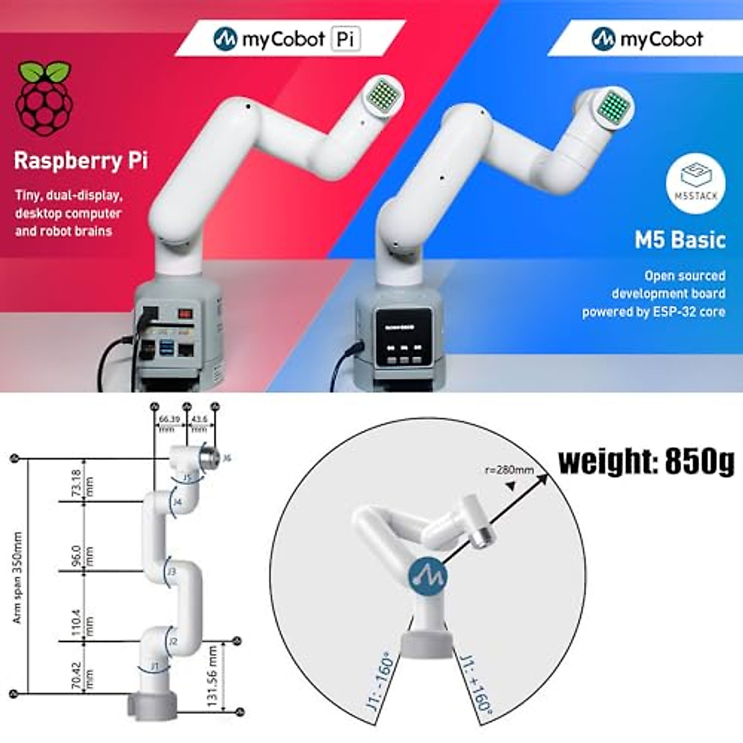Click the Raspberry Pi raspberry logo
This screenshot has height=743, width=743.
point(43,98)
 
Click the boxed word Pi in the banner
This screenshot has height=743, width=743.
point(345,39)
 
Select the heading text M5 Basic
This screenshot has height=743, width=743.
point(680,240)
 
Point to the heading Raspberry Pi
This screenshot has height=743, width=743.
point(81,161)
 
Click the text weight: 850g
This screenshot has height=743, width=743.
point(646,461)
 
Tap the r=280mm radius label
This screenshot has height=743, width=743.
point(508,470)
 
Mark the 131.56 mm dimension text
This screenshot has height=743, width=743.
point(212,676)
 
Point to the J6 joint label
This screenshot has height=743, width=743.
point(227,458)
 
